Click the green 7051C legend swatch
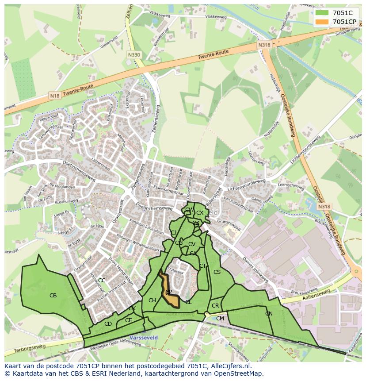[x=322, y=13]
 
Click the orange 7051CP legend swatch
[x=322, y=22]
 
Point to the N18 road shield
[x=55, y=96]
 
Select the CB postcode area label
[x=53, y=296]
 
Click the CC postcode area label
[x=102, y=281]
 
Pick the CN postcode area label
[x=269, y=314]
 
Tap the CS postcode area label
[x=217, y=272]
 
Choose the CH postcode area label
[x=152, y=301]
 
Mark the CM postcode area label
[x=220, y=319]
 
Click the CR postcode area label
[x=215, y=306]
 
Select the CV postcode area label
[x=191, y=244]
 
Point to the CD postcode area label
[x=108, y=324]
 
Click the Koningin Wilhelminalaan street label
[x=138, y=244]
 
